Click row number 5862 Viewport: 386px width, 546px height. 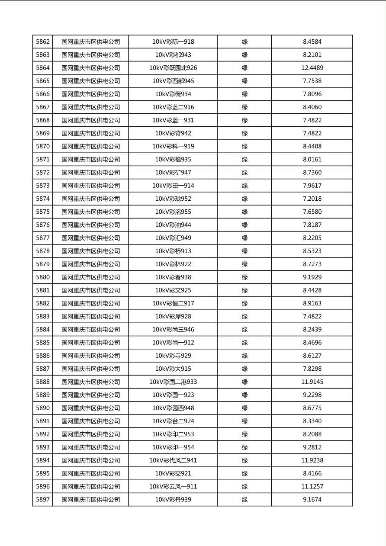click(43, 42)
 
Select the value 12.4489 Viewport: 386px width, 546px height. click(312, 68)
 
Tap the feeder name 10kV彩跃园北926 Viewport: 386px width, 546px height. click(173, 68)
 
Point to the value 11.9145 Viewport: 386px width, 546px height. click(312, 382)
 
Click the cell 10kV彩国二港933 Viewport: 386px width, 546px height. click(173, 382)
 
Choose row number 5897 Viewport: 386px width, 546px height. click(43, 500)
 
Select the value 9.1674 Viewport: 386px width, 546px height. click(312, 500)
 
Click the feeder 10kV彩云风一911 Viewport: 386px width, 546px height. click(173, 487)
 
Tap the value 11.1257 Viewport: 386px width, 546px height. click(312, 487)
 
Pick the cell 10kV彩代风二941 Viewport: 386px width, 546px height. click(173, 460)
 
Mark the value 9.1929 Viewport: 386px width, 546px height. click(312, 277)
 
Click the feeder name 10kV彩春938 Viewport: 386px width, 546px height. click(173, 277)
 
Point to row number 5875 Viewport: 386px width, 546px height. click(43, 212)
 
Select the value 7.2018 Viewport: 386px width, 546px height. click(312, 199)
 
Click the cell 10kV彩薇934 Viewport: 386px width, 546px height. click(173, 94)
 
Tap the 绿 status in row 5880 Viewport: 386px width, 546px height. click(244, 277)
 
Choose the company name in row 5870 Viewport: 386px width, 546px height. click(90, 147)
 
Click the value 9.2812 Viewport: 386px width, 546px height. click(312, 447)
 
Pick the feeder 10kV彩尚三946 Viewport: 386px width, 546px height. click(173, 330)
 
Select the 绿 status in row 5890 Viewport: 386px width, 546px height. click(244, 408)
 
